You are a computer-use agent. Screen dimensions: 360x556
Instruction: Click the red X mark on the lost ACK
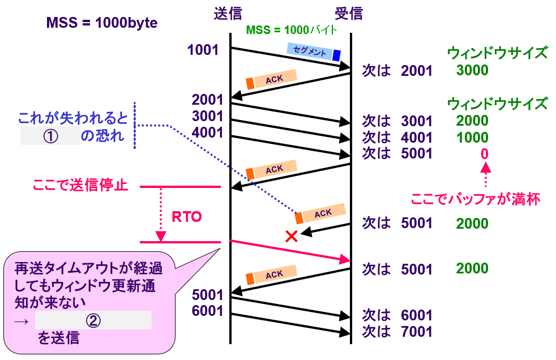[292, 236]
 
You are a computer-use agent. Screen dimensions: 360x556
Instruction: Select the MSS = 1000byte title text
[102, 23]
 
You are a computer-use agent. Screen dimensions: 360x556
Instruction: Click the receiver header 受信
[349, 12]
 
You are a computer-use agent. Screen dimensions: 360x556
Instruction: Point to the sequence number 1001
[203, 50]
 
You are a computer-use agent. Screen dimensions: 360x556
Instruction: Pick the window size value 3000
[472, 71]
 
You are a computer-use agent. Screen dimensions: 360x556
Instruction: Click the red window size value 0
[485, 154]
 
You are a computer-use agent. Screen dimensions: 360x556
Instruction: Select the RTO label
[186, 217]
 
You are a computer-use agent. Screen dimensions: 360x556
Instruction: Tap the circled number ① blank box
[50, 136]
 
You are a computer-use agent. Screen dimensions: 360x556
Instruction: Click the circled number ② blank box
[93, 320]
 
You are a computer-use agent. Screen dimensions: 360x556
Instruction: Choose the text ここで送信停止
[80, 186]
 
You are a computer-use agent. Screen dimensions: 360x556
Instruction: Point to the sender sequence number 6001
[208, 311]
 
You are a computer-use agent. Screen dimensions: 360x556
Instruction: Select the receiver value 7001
[417, 332]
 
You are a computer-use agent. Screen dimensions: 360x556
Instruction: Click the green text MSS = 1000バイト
[292, 29]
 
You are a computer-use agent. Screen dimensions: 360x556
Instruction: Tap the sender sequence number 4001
[208, 132]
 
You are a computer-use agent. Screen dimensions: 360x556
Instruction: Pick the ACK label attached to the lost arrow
[323, 213]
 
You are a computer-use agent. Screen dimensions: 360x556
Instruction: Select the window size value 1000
[472, 138]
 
